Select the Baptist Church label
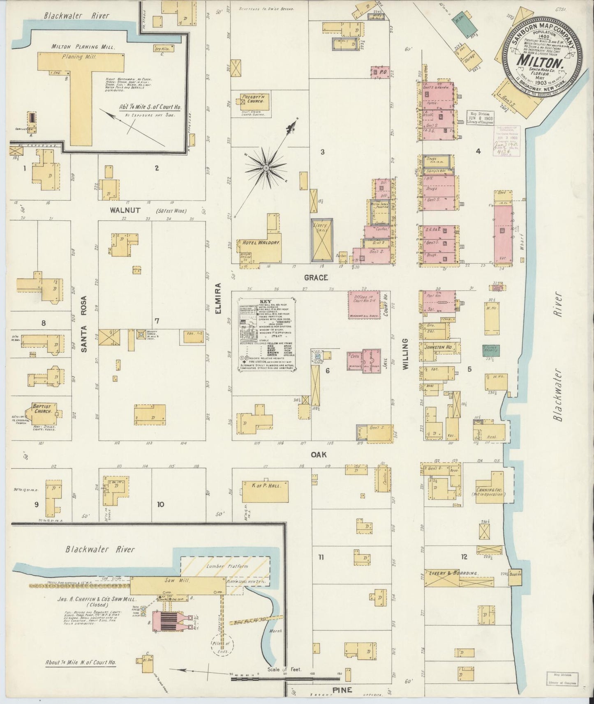click(x=43, y=409)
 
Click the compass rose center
click(x=266, y=168)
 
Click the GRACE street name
click(x=316, y=278)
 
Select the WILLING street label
click(x=405, y=354)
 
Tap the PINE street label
click(x=342, y=690)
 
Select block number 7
click(x=157, y=321)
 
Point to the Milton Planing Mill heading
click(x=74, y=46)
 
